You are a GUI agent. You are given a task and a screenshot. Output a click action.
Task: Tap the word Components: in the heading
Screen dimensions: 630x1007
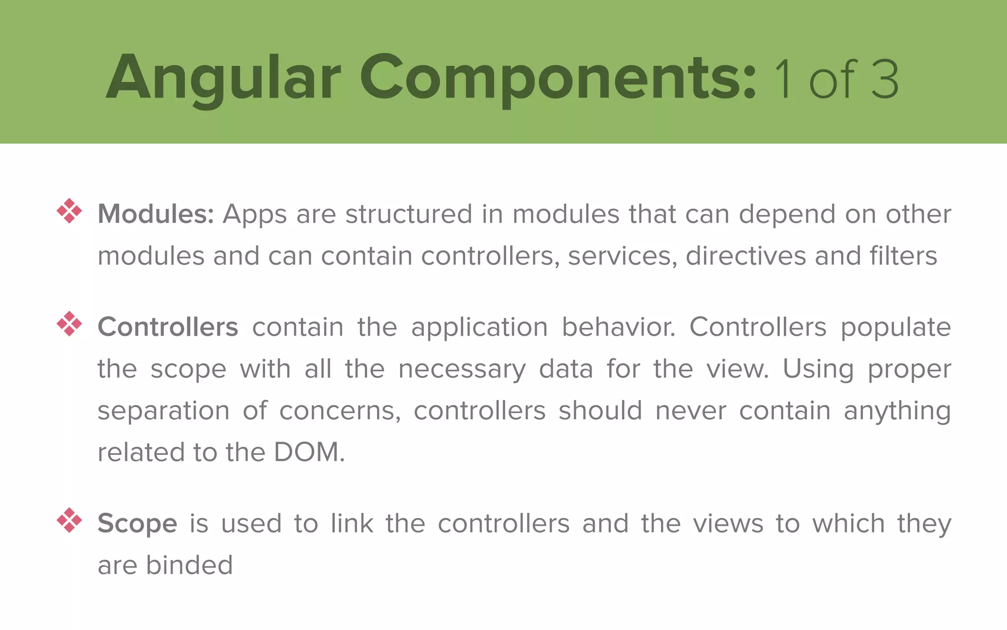[x=558, y=79]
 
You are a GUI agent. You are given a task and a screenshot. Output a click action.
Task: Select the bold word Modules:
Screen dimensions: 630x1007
[x=155, y=214]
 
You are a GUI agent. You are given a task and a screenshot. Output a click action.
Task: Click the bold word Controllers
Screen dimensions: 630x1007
[x=168, y=327]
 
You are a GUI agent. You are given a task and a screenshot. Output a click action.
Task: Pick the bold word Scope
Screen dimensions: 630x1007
[x=137, y=523]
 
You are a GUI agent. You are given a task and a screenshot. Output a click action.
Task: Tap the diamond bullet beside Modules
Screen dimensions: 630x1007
[x=69, y=211]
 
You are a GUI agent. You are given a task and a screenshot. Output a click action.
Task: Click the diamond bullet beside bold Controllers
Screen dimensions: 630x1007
[x=69, y=323]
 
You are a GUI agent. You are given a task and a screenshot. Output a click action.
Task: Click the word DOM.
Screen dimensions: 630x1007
[x=309, y=452]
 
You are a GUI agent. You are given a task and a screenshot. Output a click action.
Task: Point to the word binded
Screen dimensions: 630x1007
[x=189, y=565]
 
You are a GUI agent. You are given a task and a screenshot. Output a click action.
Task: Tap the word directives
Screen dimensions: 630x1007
[x=745, y=256]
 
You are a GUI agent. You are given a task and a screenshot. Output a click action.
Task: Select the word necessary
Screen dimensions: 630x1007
[x=462, y=369]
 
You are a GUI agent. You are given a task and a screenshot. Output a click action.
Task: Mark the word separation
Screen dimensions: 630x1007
[x=163, y=411]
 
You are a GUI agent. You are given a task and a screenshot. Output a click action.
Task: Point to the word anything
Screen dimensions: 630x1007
[x=897, y=411]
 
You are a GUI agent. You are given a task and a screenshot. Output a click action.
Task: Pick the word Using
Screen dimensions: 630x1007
[x=818, y=369]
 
